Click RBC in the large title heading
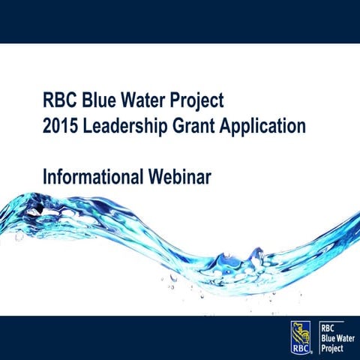click(x=61, y=100)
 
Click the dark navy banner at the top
click(x=180, y=20)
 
